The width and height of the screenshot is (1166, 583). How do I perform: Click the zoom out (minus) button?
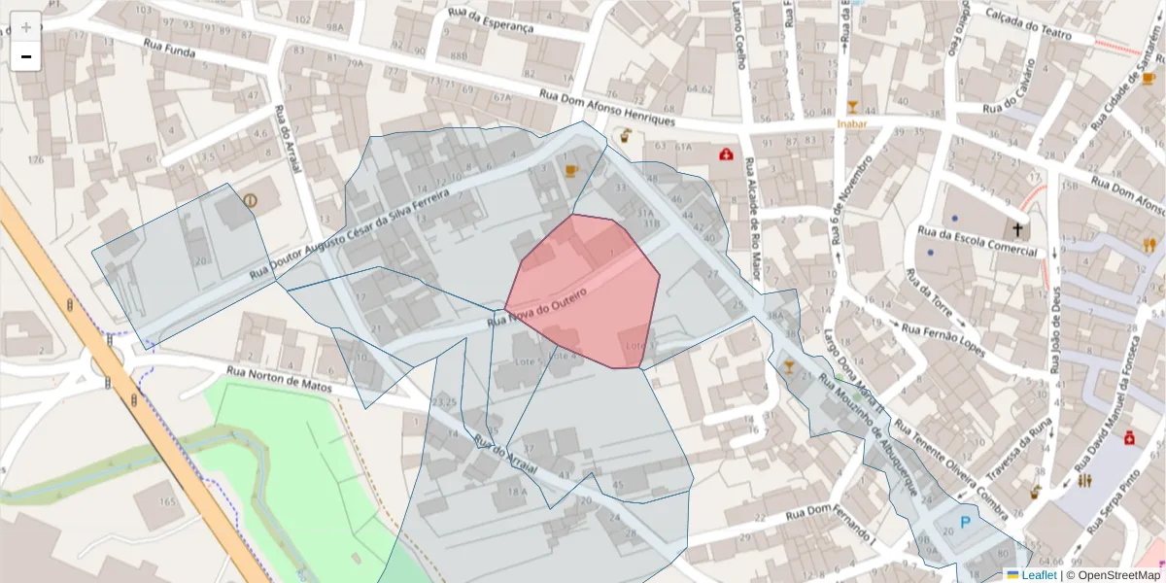[26, 56]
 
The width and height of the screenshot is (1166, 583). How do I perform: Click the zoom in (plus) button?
[26, 26]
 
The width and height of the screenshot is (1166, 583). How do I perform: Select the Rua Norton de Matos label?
[279, 379]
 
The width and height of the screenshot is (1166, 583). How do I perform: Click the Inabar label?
[851, 123]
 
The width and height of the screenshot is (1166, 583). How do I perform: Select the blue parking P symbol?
[965, 523]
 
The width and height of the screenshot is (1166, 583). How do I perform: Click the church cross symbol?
[1018, 230]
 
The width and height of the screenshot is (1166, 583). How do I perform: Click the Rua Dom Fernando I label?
[831, 526]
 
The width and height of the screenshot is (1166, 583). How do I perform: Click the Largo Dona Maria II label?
[854, 374]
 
